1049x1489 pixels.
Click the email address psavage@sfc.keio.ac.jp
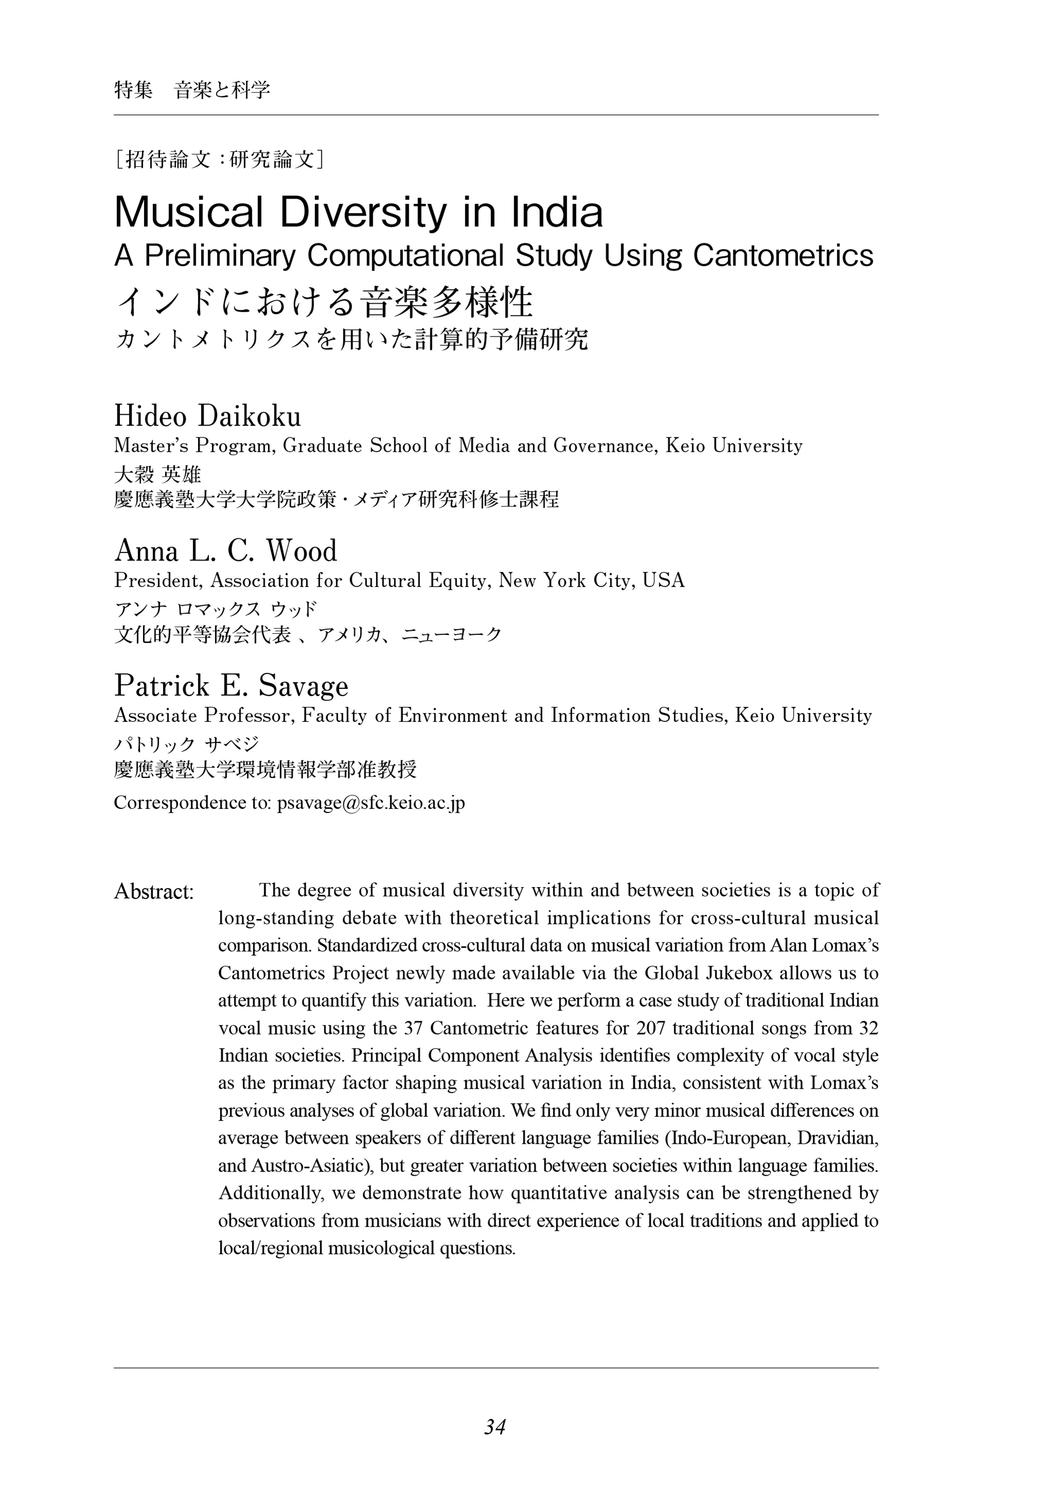[x=371, y=803]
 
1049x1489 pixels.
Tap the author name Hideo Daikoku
[x=207, y=416]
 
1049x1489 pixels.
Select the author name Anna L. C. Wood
[x=226, y=551]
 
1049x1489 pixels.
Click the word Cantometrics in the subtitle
[x=783, y=256]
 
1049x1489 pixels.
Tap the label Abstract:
[x=154, y=892]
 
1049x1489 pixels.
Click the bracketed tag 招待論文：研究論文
[x=219, y=159]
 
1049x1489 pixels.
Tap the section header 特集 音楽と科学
[x=192, y=90]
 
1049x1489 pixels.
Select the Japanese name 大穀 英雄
[x=157, y=475]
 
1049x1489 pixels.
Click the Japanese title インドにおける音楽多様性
[x=323, y=302]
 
